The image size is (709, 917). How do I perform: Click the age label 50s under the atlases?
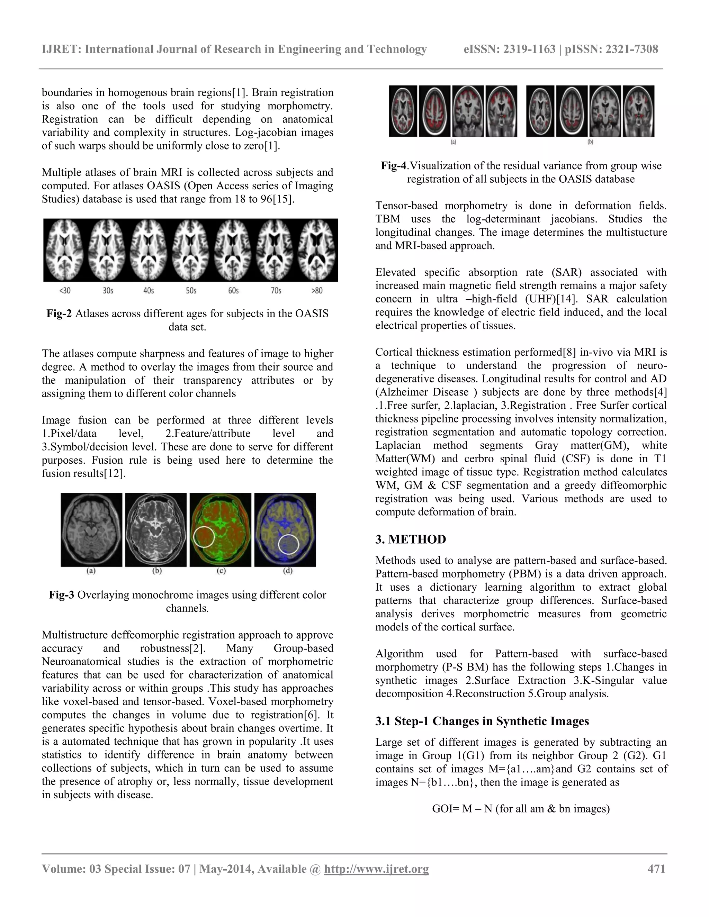[191, 291]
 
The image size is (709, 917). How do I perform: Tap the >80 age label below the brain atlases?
[317, 291]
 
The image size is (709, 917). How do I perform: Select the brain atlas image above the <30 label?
[64, 250]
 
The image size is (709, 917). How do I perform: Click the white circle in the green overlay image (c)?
[204, 537]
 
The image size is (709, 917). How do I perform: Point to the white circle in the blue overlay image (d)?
[289, 544]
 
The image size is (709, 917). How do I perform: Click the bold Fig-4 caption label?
[394, 166]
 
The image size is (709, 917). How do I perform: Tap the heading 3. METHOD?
[410, 539]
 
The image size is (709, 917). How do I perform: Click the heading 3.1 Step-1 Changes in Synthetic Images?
[482, 721]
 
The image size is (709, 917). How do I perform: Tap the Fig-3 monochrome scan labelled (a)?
[91, 530]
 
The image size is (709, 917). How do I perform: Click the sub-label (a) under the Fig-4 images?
[453, 142]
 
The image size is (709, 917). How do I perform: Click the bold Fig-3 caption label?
[62, 595]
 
